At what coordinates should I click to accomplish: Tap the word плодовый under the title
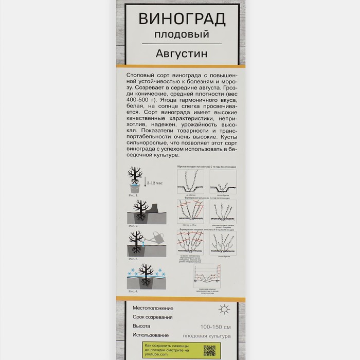pyautogui.click(x=183, y=35)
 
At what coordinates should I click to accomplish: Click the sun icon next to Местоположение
pyautogui.click(x=223, y=309)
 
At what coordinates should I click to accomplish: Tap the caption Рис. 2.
pyautogui.click(x=133, y=226)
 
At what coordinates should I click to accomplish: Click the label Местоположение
pyautogui.click(x=153, y=309)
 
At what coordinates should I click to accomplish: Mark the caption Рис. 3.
pyautogui.click(x=133, y=259)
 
